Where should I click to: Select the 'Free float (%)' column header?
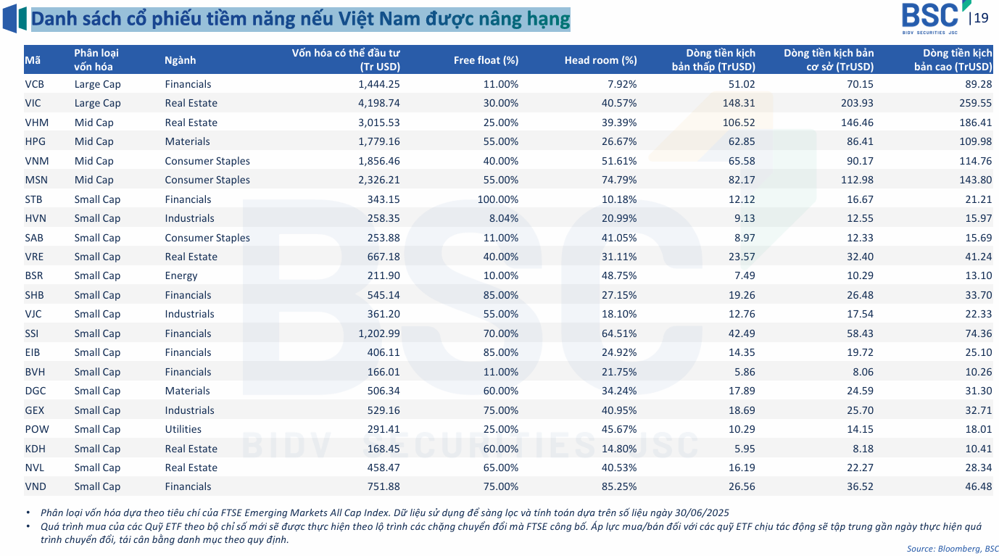pos(486,60)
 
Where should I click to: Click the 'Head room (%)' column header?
pos(600,60)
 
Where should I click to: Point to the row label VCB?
pos(34,84)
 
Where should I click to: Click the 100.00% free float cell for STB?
pos(497,199)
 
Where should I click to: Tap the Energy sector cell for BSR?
pos(181,275)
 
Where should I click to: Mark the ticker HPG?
pos(35,141)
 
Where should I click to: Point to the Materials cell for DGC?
pos(187,391)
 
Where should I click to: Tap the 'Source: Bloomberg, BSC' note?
pos(953,548)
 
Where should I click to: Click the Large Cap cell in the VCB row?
pos(97,84)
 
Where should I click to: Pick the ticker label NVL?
pos(35,468)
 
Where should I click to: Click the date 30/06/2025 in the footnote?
pos(702,512)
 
